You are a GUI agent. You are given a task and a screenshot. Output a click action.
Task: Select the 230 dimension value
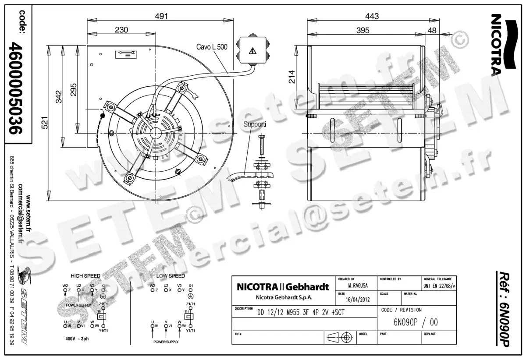pos(121,30)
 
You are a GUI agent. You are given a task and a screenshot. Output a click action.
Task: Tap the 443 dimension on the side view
pos(371,16)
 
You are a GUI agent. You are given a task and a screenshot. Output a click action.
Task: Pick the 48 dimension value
pos(431,30)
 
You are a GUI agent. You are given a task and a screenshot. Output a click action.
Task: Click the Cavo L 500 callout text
pos(212,47)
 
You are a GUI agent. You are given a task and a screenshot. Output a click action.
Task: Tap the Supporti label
pos(255,124)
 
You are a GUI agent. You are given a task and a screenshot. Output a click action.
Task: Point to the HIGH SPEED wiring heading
pos(85,276)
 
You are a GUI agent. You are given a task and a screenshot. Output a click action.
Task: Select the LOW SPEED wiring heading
pos(171,276)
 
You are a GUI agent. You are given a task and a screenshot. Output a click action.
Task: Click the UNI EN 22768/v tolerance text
pos(439,286)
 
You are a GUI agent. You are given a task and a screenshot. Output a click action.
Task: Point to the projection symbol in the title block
pos(341,338)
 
